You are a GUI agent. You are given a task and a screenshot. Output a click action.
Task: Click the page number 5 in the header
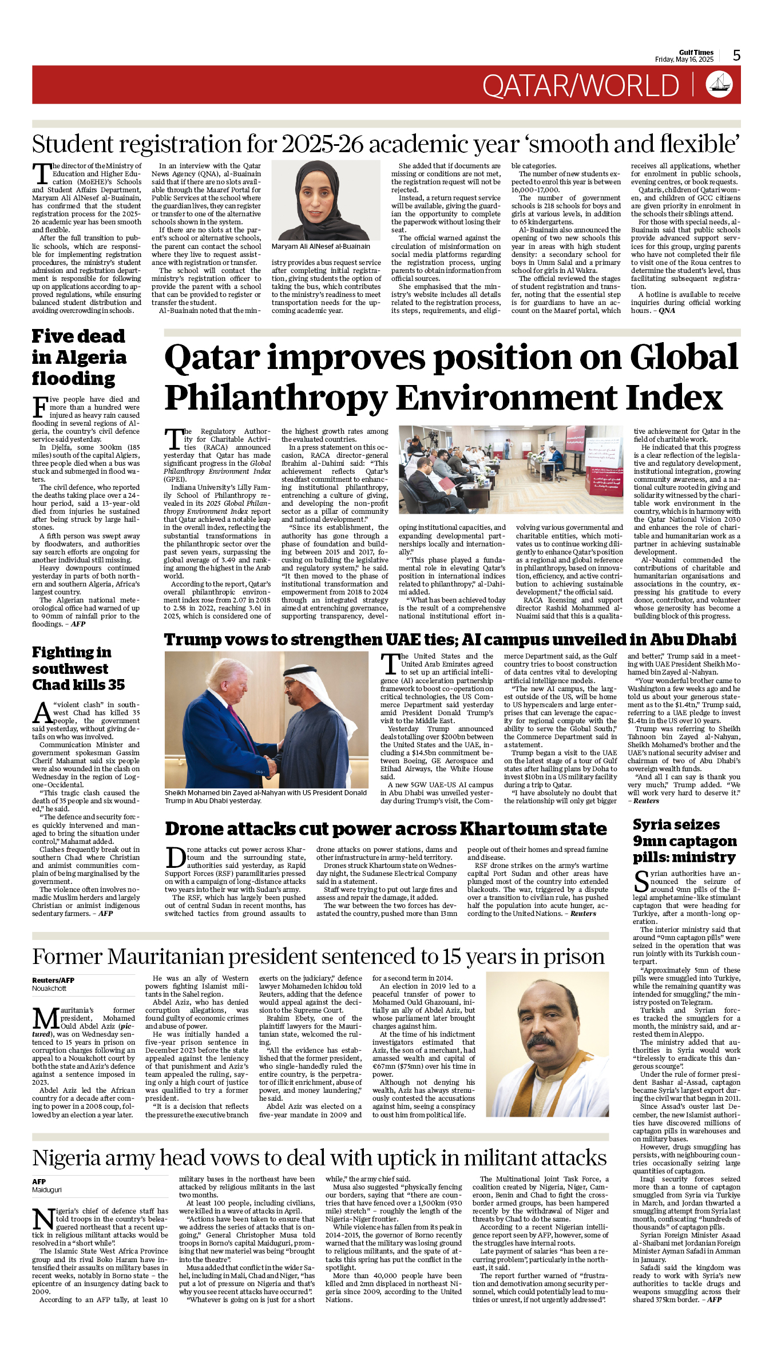pos(736,55)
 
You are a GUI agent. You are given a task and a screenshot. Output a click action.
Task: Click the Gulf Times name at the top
pos(696,52)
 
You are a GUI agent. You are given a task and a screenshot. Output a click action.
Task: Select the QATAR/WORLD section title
pos(580,86)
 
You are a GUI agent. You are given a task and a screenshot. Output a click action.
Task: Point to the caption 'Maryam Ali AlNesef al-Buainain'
pos(320,247)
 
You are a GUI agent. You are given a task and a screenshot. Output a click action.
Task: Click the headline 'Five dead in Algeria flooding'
pos(79,357)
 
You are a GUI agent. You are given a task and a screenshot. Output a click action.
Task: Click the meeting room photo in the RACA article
pos(510,469)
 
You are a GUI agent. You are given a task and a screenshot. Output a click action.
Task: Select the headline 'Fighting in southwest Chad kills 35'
pos(78,668)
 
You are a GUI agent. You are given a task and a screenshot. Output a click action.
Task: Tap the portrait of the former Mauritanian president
pos(548,1044)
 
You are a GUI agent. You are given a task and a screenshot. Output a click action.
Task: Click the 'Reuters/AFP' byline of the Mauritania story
pos(53,980)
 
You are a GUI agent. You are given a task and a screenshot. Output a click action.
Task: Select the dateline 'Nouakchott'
pos(49,988)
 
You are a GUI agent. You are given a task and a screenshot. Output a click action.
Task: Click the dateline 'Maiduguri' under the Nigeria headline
pos(47,1190)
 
